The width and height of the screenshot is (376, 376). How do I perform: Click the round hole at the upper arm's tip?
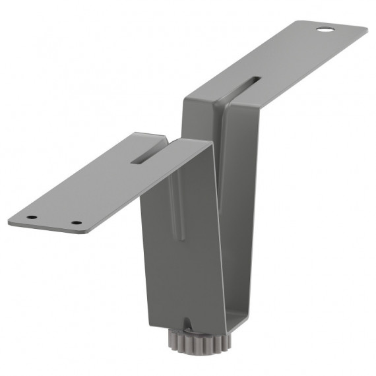click(x=324, y=30)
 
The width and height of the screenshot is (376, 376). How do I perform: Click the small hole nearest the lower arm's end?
click(x=31, y=218)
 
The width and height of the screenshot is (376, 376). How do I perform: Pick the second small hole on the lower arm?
click(x=76, y=223)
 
